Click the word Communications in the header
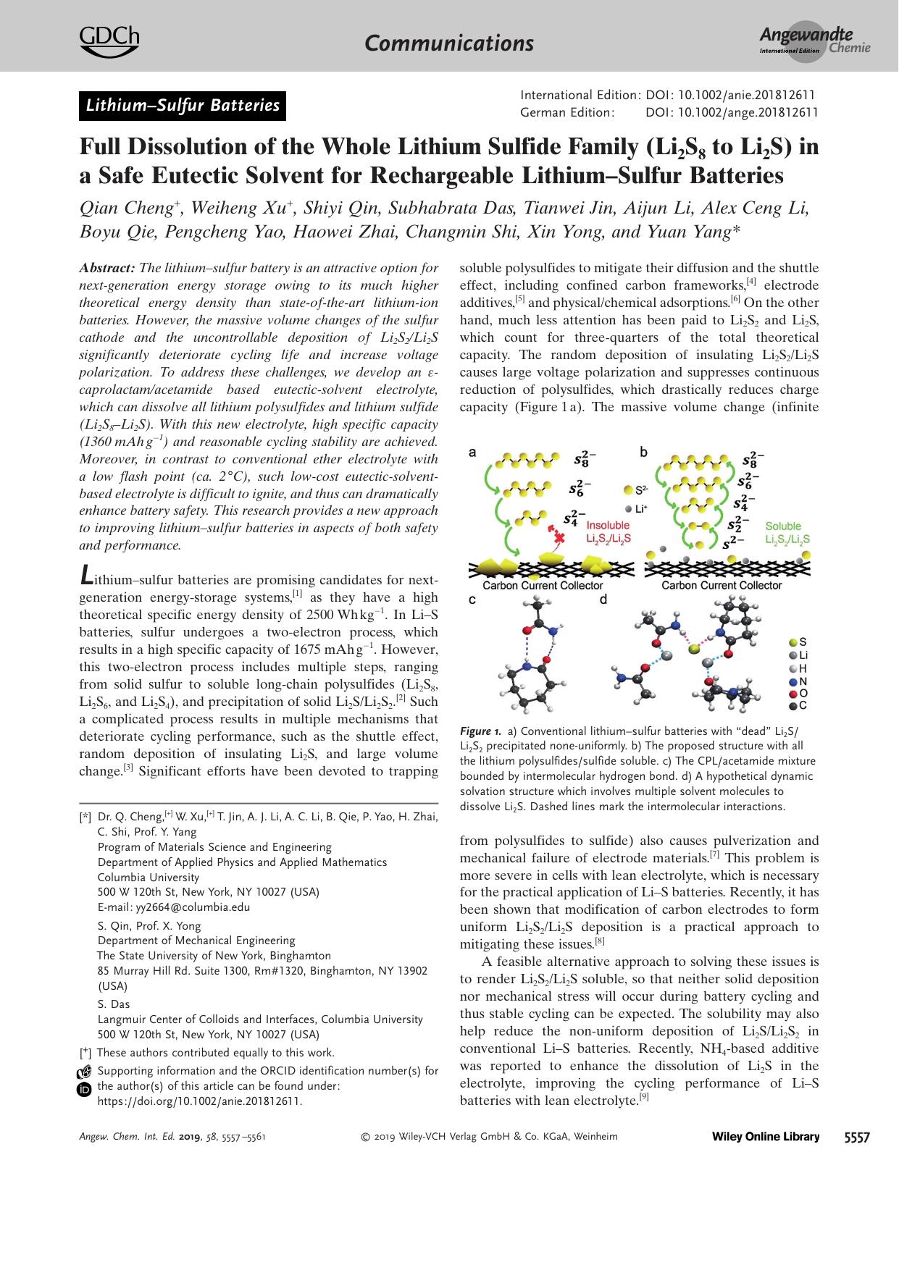449,43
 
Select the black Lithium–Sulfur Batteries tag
183,106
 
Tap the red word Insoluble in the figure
607,526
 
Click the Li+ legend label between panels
640,508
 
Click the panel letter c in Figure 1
473,599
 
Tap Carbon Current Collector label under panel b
722,585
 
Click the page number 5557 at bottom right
857,1137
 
